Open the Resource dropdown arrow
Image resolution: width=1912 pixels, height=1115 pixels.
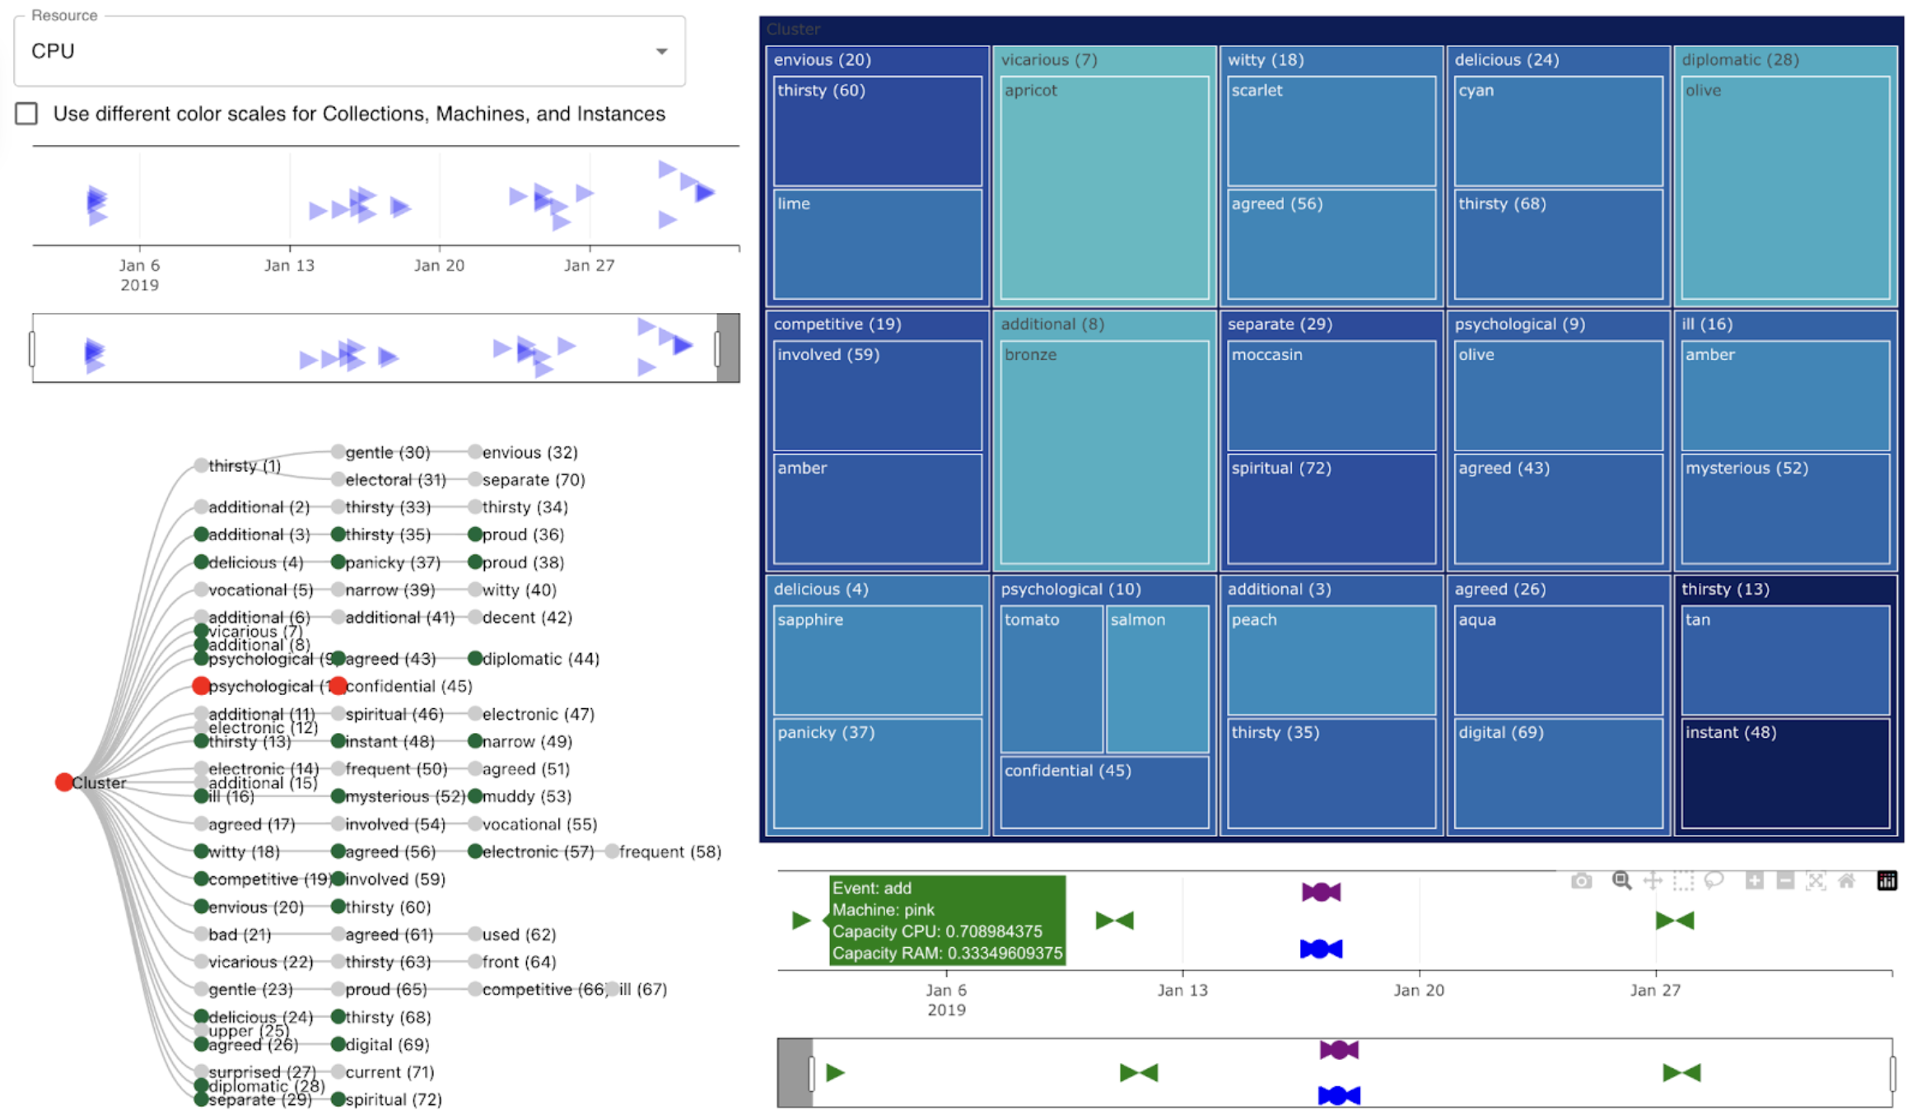pyautogui.click(x=660, y=51)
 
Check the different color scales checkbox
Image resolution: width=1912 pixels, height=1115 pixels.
pyautogui.click(x=27, y=114)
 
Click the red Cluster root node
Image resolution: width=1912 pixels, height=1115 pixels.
pyautogui.click(x=63, y=782)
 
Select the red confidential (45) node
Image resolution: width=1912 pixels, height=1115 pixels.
pyautogui.click(x=338, y=686)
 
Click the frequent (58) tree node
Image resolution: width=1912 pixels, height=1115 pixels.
pyautogui.click(x=612, y=851)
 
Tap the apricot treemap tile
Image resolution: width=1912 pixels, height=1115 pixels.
pyautogui.click(x=1104, y=189)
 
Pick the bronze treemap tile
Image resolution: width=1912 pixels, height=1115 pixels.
pyautogui.click(x=1104, y=453)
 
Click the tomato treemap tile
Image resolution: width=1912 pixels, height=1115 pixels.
pyautogui.click(x=1051, y=679)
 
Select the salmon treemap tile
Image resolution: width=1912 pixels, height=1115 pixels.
pyautogui.click(x=1157, y=679)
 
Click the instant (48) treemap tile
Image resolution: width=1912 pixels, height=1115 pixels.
pyautogui.click(x=1784, y=774)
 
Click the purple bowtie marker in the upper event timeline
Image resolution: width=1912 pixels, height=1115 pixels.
pyautogui.click(x=1321, y=892)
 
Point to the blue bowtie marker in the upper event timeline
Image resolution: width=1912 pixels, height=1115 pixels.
pyautogui.click(x=1321, y=949)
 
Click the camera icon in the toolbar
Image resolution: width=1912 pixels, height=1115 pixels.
pyautogui.click(x=1581, y=881)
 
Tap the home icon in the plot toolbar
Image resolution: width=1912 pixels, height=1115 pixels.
pyautogui.click(x=1847, y=881)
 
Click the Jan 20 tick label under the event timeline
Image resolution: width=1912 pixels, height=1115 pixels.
pyautogui.click(x=1418, y=990)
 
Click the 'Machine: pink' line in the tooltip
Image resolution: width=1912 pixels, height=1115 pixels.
pyautogui.click(x=883, y=910)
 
